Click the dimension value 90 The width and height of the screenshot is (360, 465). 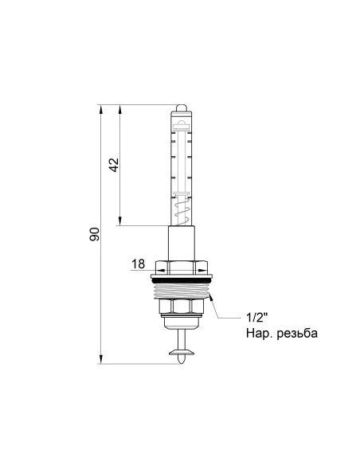click(x=94, y=235)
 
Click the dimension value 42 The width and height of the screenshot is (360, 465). click(x=113, y=165)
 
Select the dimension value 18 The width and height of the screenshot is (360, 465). click(x=138, y=263)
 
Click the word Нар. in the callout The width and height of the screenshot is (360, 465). click(x=260, y=334)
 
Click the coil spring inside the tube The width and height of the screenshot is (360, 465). click(x=180, y=213)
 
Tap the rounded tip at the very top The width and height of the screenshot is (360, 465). click(x=181, y=106)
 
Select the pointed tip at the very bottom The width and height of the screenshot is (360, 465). click(x=181, y=362)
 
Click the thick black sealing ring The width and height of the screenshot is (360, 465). click(x=181, y=278)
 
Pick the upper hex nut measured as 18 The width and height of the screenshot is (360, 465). click(x=181, y=266)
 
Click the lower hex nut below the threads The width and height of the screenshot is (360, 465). click(x=181, y=306)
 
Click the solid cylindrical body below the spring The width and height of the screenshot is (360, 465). click(x=181, y=241)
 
